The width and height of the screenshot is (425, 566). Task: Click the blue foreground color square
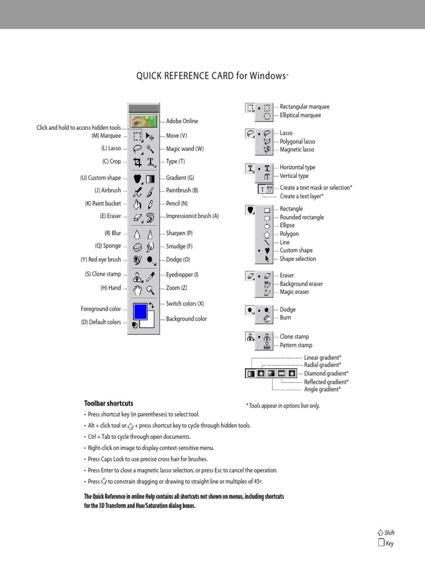point(140,311)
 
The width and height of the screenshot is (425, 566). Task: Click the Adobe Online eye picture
point(143,121)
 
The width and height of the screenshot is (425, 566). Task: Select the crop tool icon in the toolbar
point(137,162)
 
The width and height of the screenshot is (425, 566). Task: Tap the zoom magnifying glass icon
point(150,289)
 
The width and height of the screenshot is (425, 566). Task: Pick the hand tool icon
point(137,289)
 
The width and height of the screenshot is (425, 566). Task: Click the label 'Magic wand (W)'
point(185,149)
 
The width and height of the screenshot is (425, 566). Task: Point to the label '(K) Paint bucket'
point(103,203)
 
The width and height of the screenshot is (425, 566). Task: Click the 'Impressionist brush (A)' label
point(192,216)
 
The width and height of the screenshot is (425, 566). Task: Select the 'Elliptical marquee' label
point(300,115)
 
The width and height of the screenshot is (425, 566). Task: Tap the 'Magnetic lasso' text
point(297,149)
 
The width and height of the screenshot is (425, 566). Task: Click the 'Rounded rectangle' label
point(302,217)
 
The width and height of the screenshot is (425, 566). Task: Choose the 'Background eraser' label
point(301,284)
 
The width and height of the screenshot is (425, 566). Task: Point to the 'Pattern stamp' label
point(296,345)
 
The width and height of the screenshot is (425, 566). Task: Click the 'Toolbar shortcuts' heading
point(108,403)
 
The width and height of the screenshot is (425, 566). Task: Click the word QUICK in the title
point(149,76)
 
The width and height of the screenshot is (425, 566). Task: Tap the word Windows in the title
point(267,76)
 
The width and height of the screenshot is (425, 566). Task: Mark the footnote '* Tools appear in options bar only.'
point(283,406)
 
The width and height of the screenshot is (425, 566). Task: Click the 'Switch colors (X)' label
point(185,303)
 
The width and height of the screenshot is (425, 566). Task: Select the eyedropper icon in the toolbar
point(150,275)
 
